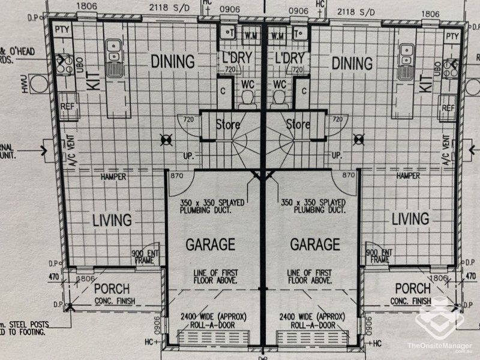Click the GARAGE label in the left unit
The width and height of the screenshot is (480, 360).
(x=210, y=244)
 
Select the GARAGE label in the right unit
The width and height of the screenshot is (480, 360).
(x=315, y=244)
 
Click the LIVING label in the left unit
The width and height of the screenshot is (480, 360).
(x=112, y=220)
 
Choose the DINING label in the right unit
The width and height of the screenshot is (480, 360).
(x=352, y=62)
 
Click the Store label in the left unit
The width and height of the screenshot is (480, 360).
(x=228, y=125)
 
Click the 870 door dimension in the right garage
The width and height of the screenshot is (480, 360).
(x=349, y=175)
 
